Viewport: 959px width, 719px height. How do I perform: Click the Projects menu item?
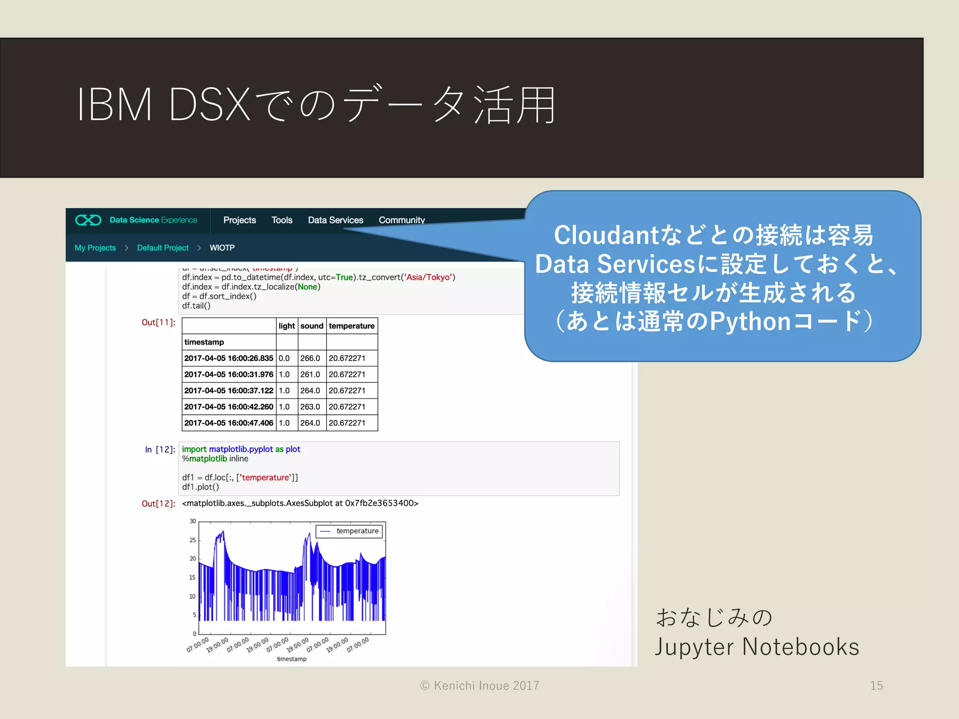tap(239, 220)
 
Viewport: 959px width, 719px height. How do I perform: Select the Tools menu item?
tap(281, 220)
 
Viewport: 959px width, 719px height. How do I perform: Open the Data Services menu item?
tap(335, 220)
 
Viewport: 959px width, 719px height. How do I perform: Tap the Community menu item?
tap(401, 220)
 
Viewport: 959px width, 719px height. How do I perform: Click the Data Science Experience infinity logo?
tap(88, 220)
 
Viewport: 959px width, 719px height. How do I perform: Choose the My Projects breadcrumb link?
tap(95, 248)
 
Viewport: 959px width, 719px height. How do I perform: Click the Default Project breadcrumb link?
tap(162, 248)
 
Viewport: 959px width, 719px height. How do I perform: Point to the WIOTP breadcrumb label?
tap(222, 248)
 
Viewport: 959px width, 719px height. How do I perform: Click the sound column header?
tap(311, 326)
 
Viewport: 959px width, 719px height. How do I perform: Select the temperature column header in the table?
tap(351, 326)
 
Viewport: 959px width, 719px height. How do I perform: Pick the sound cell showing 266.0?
tap(310, 358)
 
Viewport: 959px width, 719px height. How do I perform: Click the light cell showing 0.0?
tap(284, 358)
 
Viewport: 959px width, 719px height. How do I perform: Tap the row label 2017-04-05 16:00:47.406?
tap(229, 423)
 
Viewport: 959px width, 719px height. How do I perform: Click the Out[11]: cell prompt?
tap(158, 323)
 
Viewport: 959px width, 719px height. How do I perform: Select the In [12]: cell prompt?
tap(160, 449)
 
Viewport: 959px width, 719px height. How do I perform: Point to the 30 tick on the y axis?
tap(192, 521)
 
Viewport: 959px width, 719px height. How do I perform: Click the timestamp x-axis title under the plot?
tap(291, 659)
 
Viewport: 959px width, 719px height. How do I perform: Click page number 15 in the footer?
tap(876, 685)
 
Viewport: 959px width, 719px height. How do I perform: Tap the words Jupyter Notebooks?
tap(757, 647)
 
